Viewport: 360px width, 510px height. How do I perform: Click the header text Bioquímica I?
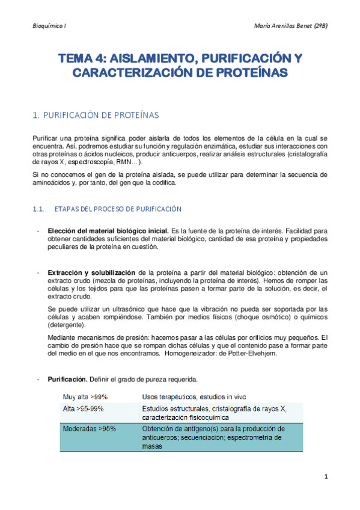(x=49, y=26)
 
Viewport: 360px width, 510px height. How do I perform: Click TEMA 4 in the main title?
(x=82, y=58)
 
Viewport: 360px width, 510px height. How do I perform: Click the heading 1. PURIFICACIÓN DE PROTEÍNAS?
(x=96, y=114)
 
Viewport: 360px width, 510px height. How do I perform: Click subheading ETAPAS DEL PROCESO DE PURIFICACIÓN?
(x=118, y=209)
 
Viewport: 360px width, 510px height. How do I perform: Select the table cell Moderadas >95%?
(x=90, y=429)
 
